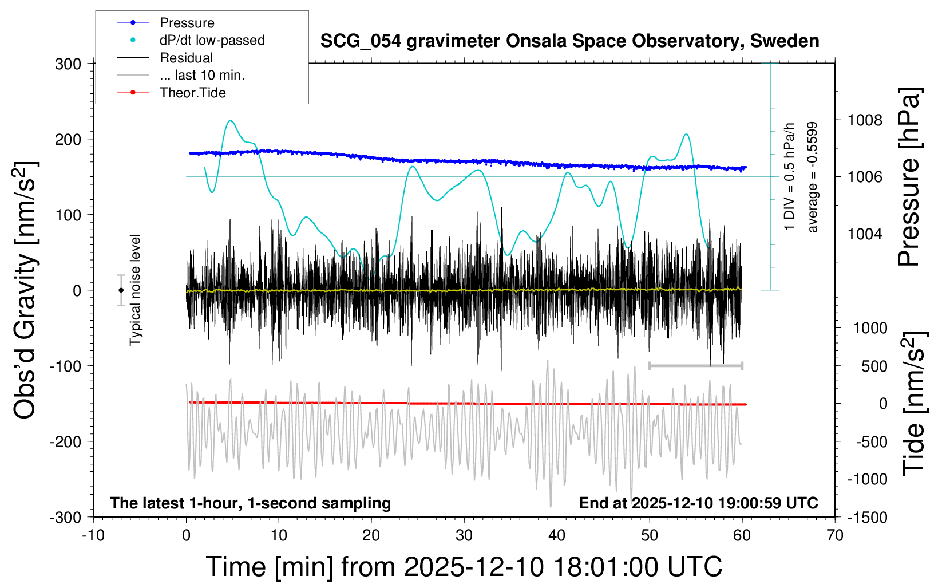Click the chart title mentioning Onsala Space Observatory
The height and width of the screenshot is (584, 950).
[569, 41]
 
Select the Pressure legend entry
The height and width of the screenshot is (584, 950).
[187, 23]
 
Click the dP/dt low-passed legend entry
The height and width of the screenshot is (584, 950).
[212, 40]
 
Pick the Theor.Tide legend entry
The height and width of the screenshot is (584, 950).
[192, 93]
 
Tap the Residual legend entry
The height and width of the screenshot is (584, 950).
[186, 58]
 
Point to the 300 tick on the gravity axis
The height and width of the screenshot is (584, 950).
[68, 64]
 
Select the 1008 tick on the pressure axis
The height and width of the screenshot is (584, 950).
[865, 120]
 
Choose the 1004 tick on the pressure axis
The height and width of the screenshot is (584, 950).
[865, 234]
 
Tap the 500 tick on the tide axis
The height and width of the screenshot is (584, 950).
[874, 366]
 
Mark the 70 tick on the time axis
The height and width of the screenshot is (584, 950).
[835, 536]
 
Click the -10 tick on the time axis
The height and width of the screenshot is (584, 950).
[93, 536]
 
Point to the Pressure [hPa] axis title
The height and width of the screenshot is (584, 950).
[909, 177]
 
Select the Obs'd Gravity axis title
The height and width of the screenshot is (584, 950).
[26, 290]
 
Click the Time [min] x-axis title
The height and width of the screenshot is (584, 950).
[464, 567]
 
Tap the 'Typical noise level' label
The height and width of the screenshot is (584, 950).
[135, 290]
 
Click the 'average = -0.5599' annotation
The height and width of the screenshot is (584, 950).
[812, 177]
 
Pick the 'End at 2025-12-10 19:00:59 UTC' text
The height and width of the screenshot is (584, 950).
[698, 503]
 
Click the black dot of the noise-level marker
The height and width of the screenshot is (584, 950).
[121, 290]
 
